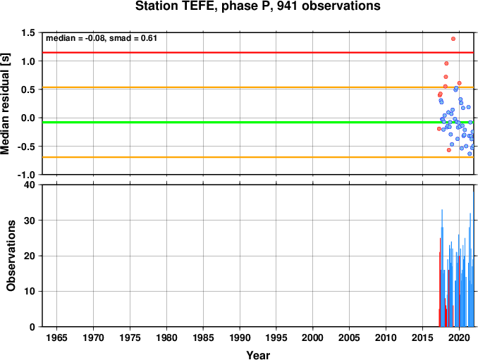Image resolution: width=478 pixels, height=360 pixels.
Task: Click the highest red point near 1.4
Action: tap(453, 39)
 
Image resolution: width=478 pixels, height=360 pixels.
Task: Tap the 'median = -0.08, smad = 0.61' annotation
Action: tap(102, 38)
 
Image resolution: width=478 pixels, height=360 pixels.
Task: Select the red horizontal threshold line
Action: tap(258, 53)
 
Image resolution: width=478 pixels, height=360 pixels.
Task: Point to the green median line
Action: tap(258, 123)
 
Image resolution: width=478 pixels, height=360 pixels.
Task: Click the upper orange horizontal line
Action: tap(258, 87)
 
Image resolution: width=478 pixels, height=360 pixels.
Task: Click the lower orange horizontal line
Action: tap(258, 157)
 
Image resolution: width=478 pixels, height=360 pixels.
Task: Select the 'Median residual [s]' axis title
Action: tap(6, 104)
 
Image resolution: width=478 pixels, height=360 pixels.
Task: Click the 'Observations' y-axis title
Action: tap(11, 256)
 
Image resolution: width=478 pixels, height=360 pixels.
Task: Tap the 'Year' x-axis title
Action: tap(258, 355)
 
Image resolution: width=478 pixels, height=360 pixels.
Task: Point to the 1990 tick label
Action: tap(240, 337)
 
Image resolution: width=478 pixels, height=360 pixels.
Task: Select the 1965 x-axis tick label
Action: tap(56, 337)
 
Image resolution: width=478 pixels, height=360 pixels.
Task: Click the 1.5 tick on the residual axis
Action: tap(28, 32)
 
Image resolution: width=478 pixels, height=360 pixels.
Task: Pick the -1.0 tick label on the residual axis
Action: tap(26, 175)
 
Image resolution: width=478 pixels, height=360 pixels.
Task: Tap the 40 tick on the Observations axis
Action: tap(30, 185)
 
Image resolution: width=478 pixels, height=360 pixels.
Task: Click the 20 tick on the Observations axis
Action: tap(30, 256)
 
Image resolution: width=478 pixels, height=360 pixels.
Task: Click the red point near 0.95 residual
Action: tap(446, 63)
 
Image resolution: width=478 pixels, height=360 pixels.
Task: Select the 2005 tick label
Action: tap(350, 337)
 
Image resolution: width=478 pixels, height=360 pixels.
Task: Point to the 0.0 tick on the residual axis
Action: tap(28, 118)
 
